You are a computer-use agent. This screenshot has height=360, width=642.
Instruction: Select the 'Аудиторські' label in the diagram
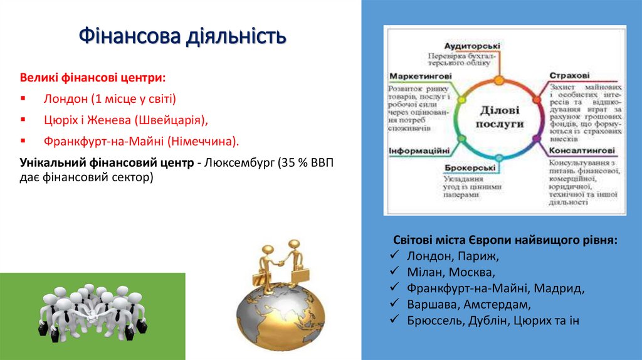click(x=472, y=46)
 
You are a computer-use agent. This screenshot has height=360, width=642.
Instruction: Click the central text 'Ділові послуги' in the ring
click(x=500, y=117)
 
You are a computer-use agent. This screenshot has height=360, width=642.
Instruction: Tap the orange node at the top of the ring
click(x=499, y=80)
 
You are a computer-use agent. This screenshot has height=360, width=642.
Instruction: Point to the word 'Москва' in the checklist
click(x=475, y=272)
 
